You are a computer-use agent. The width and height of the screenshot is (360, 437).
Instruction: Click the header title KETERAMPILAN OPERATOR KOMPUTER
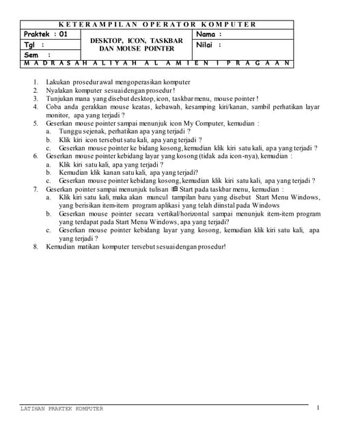click(x=158, y=25)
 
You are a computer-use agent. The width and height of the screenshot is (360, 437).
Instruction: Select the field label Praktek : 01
click(x=46, y=33)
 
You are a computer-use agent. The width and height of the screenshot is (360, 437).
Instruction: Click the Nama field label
click(x=209, y=33)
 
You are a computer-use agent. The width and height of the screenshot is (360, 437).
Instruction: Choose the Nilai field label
click(x=209, y=44)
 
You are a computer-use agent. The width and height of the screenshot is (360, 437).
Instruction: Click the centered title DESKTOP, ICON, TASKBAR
click(x=137, y=40)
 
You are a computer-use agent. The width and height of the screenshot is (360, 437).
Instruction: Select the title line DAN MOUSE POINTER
click(x=137, y=48)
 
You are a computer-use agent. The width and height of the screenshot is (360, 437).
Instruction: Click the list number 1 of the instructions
click(x=36, y=82)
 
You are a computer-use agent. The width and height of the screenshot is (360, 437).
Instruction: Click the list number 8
click(x=36, y=246)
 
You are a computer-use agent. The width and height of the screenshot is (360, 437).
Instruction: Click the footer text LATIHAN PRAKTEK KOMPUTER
click(x=62, y=408)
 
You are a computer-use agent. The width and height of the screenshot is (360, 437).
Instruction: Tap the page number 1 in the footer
click(x=318, y=408)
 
